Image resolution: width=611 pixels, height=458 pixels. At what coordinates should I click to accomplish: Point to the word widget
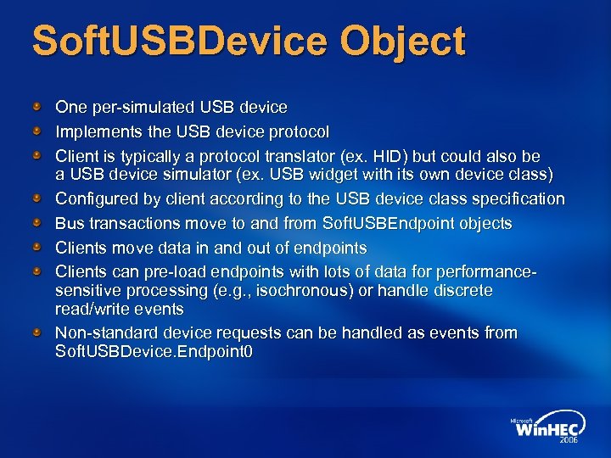[x=350, y=175]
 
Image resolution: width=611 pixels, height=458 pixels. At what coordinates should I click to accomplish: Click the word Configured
[x=96, y=199]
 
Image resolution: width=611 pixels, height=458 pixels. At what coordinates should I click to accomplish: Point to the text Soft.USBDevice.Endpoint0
[x=154, y=350]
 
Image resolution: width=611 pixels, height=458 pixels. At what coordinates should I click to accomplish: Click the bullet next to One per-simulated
[x=37, y=107]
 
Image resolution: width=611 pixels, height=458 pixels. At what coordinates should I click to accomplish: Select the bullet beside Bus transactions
[x=37, y=223]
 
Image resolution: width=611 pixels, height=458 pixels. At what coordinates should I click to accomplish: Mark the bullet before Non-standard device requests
[x=37, y=332]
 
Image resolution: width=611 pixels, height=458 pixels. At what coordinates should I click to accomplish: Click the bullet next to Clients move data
[x=37, y=248]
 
